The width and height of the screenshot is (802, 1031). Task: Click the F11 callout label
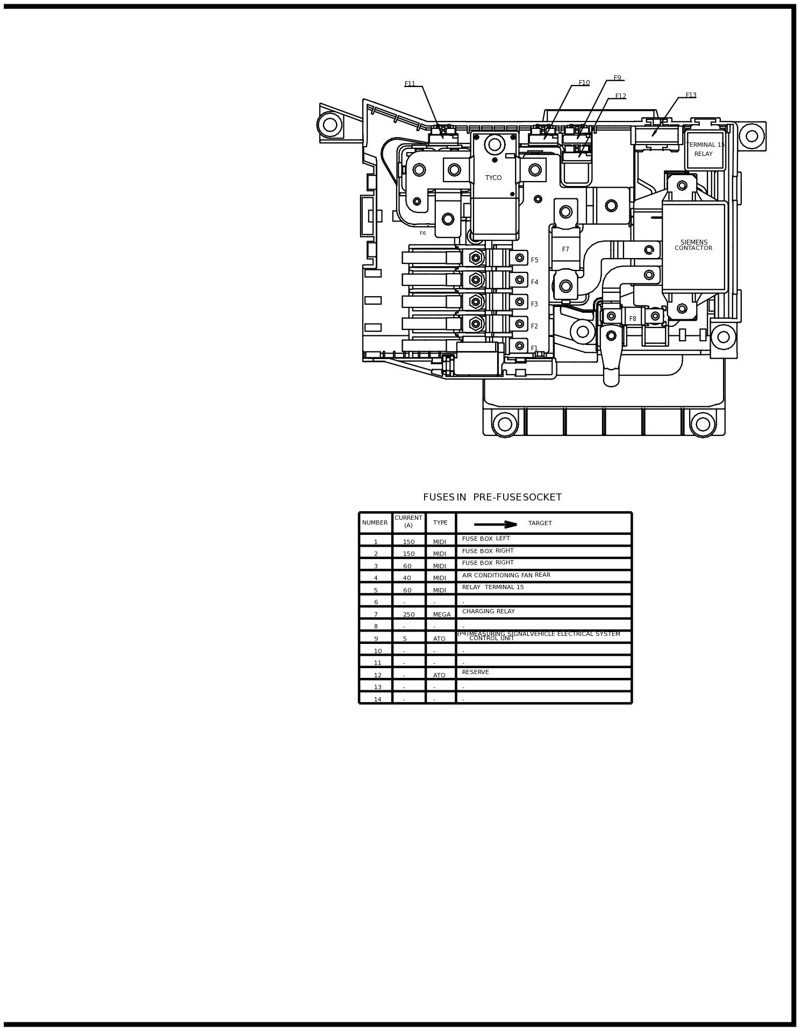(x=410, y=84)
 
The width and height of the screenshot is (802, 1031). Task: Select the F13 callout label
(x=691, y=95)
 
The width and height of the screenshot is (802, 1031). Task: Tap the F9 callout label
(x=617, y=78)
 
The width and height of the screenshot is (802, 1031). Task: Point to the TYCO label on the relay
(x=493, y=178)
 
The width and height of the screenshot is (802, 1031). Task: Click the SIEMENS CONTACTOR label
(x=693, y=245)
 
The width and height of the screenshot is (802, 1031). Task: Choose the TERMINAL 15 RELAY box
(x=704, y=149)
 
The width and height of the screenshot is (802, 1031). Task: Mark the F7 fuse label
(x=565, y=249)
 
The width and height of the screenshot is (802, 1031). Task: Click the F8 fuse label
(x=633, y=319)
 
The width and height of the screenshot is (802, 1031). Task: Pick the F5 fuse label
(x=534, y=260)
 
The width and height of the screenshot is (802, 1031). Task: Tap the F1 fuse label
(x=534, y=348)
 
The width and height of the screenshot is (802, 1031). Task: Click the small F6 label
(x=423, y=233)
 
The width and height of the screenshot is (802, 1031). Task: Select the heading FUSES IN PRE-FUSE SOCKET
(x=492, y=497)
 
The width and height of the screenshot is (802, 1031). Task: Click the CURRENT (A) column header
(x=409, y=522)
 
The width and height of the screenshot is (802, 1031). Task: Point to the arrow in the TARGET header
(x=495, y=524)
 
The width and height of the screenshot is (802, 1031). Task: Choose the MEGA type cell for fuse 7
(x=442, y=614)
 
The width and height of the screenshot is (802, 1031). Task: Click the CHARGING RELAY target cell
(x=488, y=612)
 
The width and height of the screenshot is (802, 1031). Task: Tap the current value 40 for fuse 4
(x=407, y=578)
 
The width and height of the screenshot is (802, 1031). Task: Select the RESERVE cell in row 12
(x=475, y=672)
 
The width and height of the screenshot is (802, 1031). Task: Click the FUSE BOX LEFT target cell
(x=486, y=539)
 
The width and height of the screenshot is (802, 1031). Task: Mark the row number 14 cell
(x=377, y=699)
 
